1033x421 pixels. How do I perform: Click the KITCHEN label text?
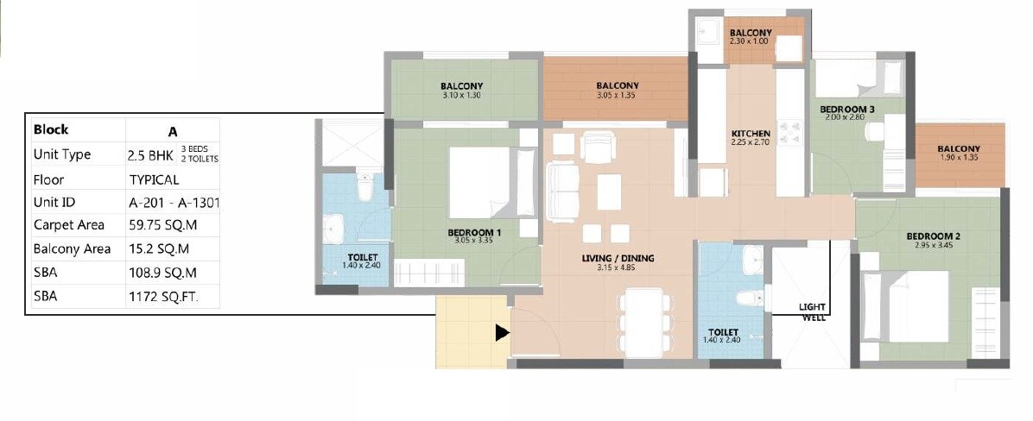[751, 134]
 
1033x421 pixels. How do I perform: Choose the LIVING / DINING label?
[618, 258]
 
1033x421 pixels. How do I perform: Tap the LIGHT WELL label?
[813, 312]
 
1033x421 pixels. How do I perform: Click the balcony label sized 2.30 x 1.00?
[750, 33]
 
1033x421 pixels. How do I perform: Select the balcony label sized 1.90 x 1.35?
[959, 149]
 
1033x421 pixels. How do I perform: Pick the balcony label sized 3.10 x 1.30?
[461, 86]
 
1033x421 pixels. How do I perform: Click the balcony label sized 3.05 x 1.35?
[617, 86]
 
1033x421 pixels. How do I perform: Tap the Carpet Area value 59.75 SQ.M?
[159, 225]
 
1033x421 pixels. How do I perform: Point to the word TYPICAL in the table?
[154, 180]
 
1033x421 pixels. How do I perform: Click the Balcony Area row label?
[72, 249]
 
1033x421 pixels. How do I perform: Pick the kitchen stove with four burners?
[789, 130]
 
